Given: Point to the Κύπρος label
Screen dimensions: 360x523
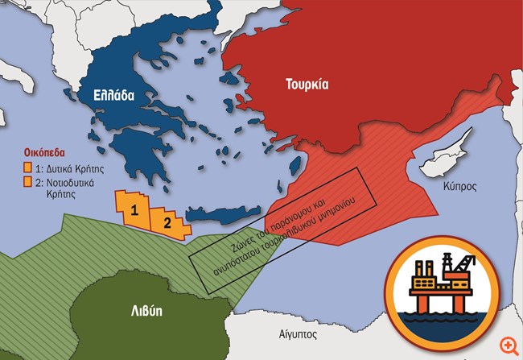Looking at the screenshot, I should [x=459, y=187].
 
